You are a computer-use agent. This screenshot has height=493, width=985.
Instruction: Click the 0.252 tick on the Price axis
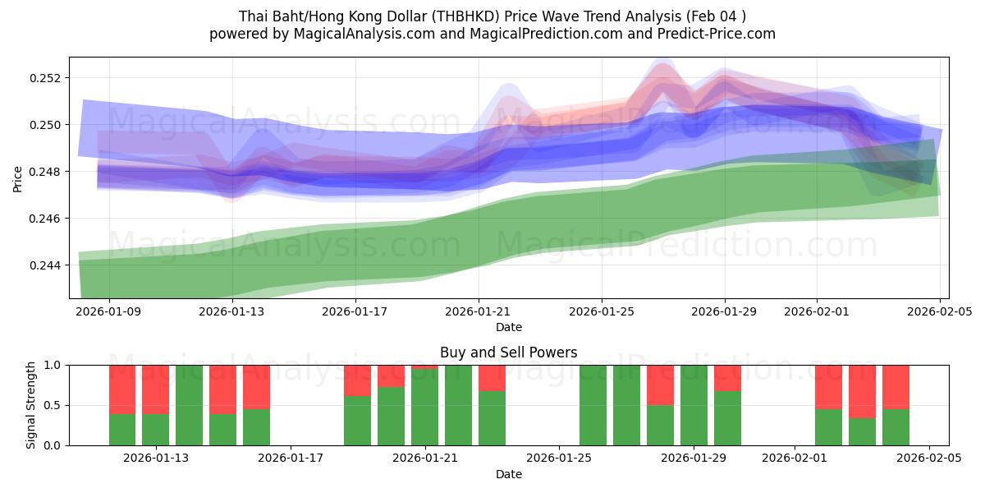[48, 78]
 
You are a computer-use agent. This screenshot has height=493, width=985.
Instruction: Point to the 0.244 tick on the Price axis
[48, 265]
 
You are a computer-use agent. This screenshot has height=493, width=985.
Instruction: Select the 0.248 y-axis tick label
[48, 172]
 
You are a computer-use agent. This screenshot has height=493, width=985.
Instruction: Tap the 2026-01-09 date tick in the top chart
[109, 312]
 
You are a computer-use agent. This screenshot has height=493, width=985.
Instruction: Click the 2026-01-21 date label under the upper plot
[479, 312]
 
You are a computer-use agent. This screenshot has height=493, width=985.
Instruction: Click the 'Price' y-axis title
[18, 177]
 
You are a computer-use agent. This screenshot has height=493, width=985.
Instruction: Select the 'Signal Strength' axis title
[30, 405]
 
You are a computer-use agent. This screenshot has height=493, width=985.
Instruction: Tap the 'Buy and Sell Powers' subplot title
[508, 352]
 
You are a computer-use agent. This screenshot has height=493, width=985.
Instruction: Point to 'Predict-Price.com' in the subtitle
[717, 34]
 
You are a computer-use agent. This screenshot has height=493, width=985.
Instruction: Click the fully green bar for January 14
[189, 405]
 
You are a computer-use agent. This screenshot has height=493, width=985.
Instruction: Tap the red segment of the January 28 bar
[660, 385]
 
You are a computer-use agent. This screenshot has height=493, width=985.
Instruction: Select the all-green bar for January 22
[458, 405]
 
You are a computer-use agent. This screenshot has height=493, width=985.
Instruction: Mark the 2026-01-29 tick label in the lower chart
[694, 458]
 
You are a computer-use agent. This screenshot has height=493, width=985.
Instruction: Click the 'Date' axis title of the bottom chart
[508, 474]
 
